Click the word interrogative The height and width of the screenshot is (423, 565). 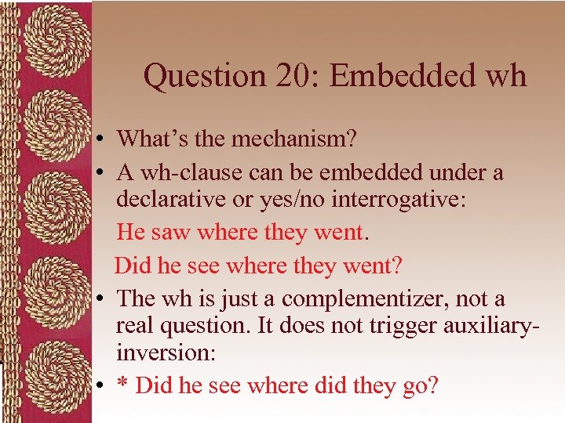[x=400, y=199]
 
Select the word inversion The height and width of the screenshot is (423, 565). [x=163, y=352]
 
